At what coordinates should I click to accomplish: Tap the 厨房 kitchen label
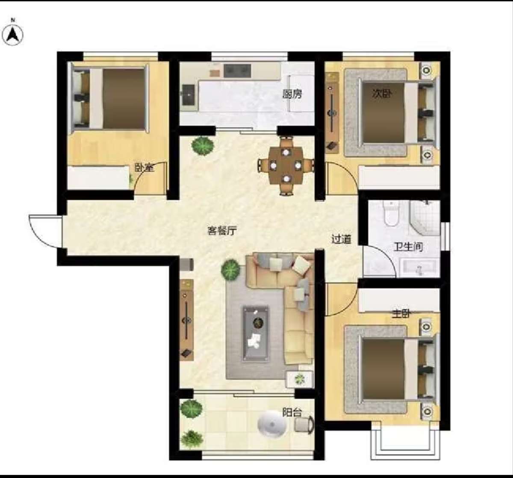292,94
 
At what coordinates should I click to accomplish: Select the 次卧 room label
381,94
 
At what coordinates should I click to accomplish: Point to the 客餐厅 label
222,230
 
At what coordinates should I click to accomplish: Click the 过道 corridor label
342,239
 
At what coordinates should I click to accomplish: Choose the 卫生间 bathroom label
408,247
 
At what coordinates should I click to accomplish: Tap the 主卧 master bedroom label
401,314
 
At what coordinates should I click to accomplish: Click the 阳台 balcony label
292,413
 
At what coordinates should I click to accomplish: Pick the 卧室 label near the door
144,168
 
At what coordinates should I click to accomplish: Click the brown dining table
286,165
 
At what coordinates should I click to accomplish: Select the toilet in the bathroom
391,214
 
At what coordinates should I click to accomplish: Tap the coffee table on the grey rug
256,333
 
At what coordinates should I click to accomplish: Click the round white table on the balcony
272,424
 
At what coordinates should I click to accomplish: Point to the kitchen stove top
237,71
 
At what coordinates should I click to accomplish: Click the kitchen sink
189,95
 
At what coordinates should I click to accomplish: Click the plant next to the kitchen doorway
203,146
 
